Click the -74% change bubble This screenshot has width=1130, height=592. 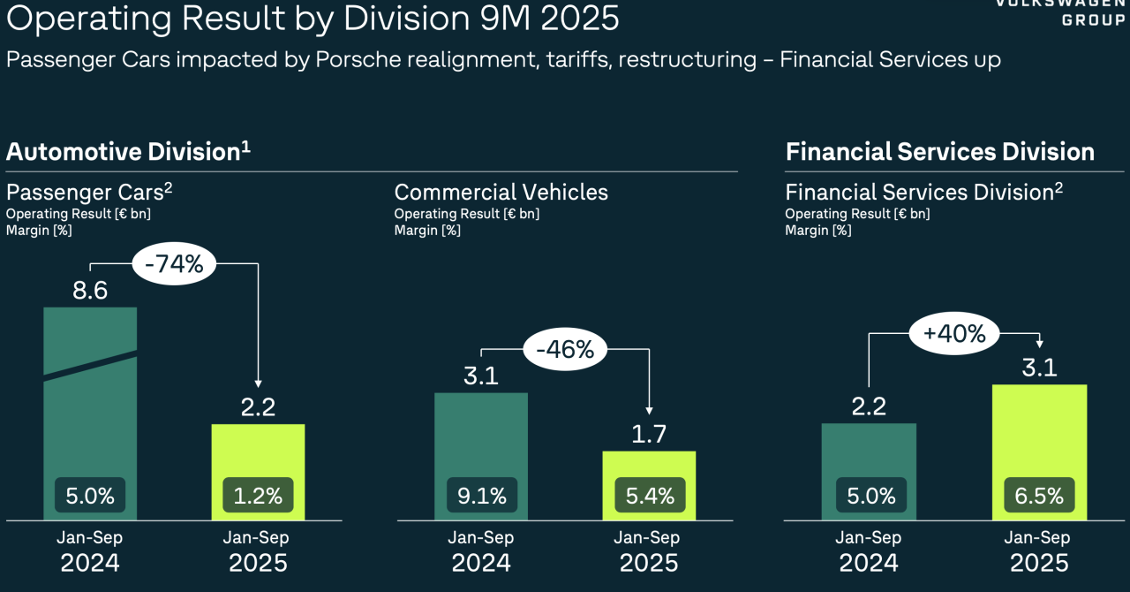173,263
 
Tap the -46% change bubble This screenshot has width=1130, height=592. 565,349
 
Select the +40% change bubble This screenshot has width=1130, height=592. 954,334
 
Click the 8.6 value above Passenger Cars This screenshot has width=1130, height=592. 90,290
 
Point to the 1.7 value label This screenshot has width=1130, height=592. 649,435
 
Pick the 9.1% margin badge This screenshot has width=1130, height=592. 481,496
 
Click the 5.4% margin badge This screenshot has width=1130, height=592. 649,496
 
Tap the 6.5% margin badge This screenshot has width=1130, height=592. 1039,496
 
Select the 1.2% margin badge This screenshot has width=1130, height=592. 258,496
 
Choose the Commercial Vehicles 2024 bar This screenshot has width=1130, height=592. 481,442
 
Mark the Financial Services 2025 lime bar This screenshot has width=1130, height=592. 1039,433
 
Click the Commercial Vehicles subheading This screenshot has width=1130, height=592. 501,192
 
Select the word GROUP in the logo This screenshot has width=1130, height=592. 1093,20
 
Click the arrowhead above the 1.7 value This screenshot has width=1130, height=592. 650,409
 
